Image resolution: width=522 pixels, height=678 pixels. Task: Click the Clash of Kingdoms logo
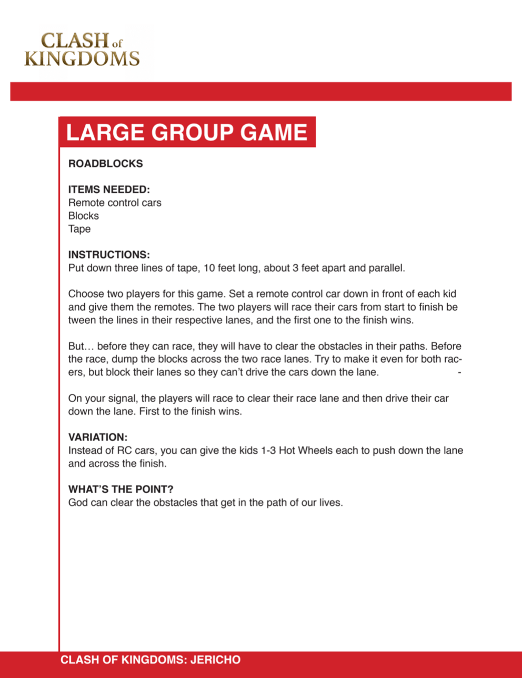click(82, 49)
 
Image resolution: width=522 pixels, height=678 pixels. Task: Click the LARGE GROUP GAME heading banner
click(187, 132)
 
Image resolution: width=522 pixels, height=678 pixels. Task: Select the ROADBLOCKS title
click(105, 164)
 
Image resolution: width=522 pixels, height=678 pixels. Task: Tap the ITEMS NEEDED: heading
click(109, 190)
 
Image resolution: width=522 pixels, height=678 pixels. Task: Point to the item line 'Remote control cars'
click(115, 203)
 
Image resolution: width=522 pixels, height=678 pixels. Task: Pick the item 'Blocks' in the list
click(84, 216)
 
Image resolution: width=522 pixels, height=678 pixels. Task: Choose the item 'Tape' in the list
click(79, 229)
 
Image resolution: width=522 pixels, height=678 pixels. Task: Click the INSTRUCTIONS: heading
click(109, 255)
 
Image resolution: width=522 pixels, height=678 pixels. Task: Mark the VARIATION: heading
click(98, 437)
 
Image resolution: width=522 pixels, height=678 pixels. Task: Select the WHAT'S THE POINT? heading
click(121, 490)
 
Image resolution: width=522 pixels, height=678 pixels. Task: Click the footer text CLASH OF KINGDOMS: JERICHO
click(150, 660)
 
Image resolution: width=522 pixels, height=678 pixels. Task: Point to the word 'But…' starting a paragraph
click(81, 346)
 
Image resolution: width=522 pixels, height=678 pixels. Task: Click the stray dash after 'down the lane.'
click(459, 373)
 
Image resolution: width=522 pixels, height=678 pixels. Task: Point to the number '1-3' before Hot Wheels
click(268, 451)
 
